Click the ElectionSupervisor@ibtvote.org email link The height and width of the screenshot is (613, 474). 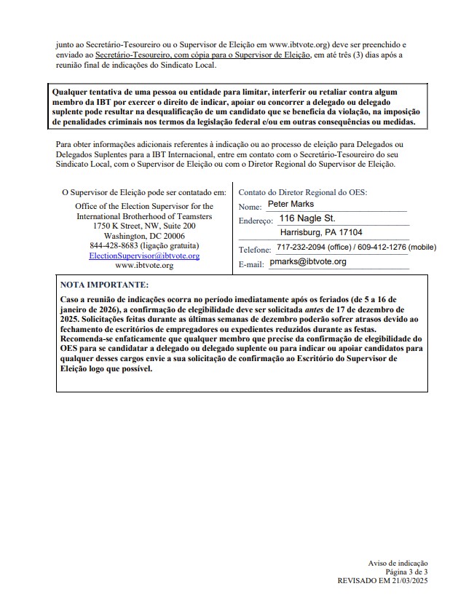[144, 256]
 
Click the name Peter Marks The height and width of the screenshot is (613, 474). [291, 205]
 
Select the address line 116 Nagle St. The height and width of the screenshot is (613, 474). [307, 218]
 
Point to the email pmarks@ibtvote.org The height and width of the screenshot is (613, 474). [308, 261]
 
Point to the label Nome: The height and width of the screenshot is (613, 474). [250, 207]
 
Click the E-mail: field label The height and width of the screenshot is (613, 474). [251, 264]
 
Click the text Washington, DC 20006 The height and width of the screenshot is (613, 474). [144, 236]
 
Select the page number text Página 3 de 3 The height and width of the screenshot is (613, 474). [408, 574]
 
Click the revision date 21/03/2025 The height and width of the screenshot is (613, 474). [408, 582]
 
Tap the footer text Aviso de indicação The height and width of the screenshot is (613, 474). [398, 565]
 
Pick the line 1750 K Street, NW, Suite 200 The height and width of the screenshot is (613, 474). [144, 226]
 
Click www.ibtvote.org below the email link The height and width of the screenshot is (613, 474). [144, 266]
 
